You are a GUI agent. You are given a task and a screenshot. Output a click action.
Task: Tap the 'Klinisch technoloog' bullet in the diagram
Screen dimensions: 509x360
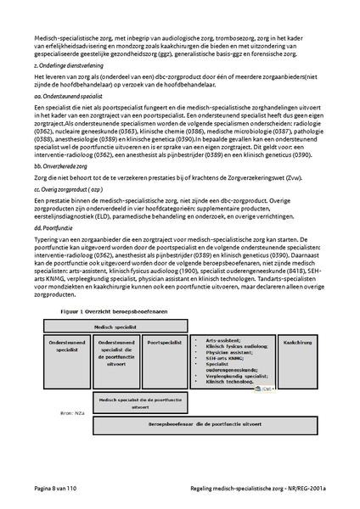228,383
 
